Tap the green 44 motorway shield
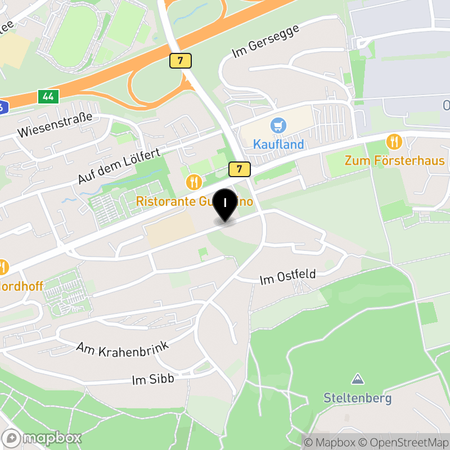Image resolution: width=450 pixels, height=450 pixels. (48, 97)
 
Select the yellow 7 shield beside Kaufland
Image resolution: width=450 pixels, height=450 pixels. (240, 168)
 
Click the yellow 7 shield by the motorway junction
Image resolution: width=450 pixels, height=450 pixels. (180, 61)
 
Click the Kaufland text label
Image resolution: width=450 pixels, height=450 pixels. (278, 144)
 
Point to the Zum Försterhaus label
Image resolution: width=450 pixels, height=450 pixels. (394, 161)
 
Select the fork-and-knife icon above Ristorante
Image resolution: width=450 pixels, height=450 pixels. (193, 182)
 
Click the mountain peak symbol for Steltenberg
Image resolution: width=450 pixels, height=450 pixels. (357, 379)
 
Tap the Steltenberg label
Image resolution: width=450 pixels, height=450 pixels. (357, 398)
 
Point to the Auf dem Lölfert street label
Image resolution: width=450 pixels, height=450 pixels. (119, 166)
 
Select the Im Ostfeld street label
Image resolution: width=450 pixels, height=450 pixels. (287, 277)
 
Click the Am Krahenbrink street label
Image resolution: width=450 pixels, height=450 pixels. (123, 349)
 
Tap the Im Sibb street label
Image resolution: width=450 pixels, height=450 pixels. (153, 380)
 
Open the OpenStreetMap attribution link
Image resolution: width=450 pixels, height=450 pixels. (402, 442)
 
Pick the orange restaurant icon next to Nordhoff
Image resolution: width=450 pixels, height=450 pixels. (3, 268)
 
